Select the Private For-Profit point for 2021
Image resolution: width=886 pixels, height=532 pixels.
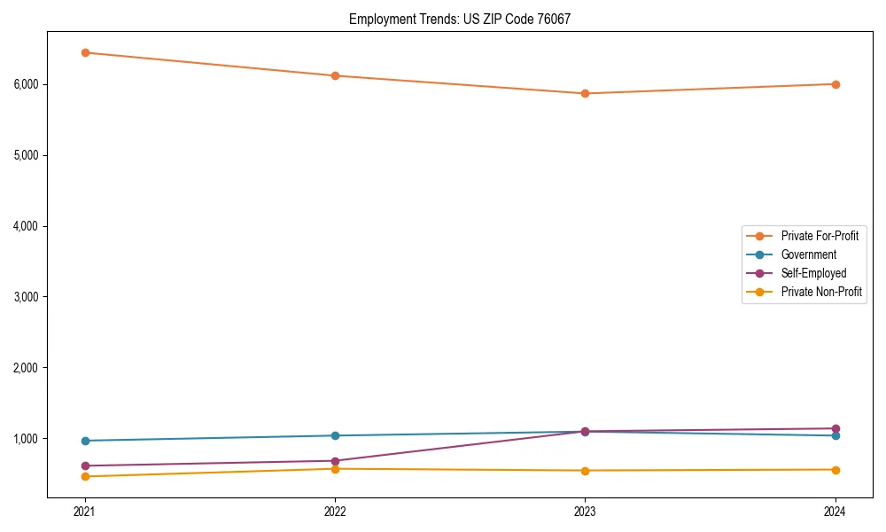point(85,52)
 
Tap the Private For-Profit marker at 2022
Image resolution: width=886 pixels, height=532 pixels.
point(335,75)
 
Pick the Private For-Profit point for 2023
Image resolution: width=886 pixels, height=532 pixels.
point(585,93)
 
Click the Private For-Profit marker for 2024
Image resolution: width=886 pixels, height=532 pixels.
point(835,84)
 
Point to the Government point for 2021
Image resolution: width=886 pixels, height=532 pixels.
point(85,441)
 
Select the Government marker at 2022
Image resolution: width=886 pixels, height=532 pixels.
point(335,435)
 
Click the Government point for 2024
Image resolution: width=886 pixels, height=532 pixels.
point(835,435)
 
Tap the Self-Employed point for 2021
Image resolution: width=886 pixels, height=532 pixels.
point(85,465)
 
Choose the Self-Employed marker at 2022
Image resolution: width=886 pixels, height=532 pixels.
point(335,461)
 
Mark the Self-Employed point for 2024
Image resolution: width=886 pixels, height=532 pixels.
point(835,428)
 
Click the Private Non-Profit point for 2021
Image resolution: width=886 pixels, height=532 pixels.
point(85,476)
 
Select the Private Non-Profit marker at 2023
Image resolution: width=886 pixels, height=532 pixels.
point(585,471)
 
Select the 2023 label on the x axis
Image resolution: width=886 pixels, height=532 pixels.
point(585,512)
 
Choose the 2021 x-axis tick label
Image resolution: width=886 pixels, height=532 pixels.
point(85,512)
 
